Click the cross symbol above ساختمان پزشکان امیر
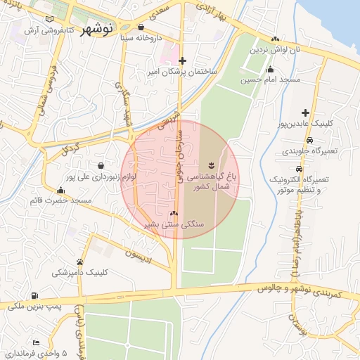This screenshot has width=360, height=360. [183, 60]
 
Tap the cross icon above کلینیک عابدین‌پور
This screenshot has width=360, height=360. [305, 112]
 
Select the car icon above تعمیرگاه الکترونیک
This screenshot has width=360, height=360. [300, 169]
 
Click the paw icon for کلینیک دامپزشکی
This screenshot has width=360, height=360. [79, 262]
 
